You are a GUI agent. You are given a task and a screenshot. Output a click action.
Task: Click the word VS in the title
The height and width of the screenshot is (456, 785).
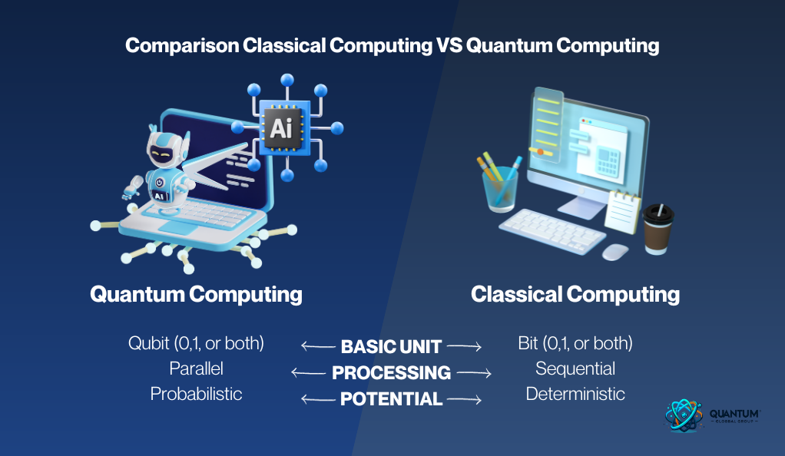tap(449, 45)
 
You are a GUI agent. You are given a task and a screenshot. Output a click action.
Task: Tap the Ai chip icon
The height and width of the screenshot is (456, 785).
tap(281, 128)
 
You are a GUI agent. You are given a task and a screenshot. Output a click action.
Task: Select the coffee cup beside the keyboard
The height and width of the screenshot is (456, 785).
tap(657, 229)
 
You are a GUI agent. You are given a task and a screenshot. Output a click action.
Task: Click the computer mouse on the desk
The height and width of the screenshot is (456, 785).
tap(614, 252)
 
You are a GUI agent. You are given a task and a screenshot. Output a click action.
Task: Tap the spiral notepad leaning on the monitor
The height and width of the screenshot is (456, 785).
tap(622, 212)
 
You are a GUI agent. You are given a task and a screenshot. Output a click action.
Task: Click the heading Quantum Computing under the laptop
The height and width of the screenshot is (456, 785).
tap(197, 294)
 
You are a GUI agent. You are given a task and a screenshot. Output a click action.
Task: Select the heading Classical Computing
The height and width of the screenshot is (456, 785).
tap(575, 294)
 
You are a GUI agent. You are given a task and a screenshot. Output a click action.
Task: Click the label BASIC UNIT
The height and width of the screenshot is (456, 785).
tap(391, 346)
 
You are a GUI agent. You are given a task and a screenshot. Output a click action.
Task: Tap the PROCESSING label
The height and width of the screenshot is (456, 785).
tap(391, 372)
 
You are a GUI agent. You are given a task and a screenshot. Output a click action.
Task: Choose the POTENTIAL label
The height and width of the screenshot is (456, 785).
tap(391, 399)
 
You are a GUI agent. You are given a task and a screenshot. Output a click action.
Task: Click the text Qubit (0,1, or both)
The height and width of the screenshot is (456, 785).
tap(197, 343)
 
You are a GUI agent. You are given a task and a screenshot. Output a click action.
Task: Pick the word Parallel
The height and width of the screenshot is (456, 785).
tap(197, 368)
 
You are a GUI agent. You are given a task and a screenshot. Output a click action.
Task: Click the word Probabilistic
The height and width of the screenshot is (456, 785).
tap(197, 394)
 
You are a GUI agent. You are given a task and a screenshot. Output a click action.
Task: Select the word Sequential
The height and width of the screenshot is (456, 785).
tap(575, 369)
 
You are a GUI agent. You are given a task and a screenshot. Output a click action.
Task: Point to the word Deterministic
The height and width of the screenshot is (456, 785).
tap(575, 394)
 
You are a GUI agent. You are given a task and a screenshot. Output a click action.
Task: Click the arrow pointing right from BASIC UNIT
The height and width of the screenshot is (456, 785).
tap(464, 346)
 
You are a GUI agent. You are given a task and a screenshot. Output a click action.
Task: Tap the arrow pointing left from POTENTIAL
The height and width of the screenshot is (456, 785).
tap(318, 399)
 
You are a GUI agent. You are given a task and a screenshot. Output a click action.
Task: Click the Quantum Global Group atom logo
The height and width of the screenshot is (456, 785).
tap(684, 415)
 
